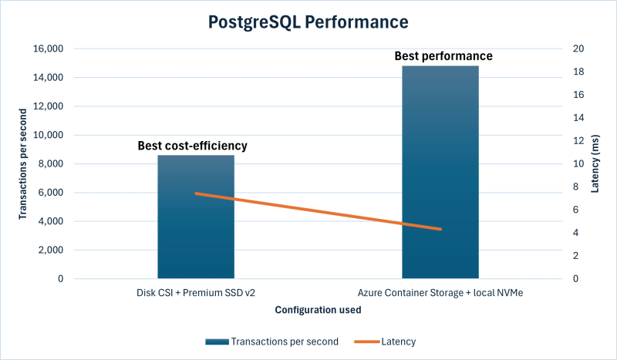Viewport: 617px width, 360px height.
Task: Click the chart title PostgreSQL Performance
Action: coord(308,22)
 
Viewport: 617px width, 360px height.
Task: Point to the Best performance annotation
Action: coord(443,56)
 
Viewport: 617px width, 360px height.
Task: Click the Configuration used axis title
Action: coord(318,310)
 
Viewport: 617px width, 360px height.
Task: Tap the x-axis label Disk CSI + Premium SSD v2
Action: coord(196,293)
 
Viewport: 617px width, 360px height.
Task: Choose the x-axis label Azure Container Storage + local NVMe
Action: coord(440,293)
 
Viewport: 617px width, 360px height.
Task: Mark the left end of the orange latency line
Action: coord(196,193)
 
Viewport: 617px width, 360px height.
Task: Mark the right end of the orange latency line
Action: coord(440,229)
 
